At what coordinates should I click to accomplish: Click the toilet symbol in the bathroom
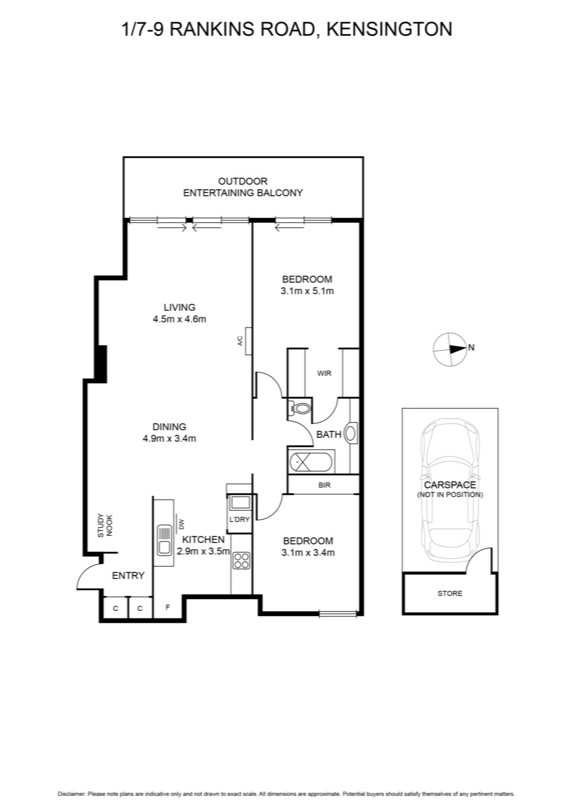pyautogui.click(x=300, y=409)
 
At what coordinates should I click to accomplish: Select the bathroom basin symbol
pyautogui.click(x=351, y=433)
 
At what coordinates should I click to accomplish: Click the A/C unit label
pyautogui.click(x=241, y=341)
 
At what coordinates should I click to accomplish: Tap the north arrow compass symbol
pyautogui.click(x=450, y=349)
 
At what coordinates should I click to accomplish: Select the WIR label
pyautogui.click(x=324, y=374)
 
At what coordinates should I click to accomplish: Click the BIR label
pyautogui.click(x=324, y=485)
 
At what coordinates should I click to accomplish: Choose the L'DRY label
pyautogui.click(x=240, y=520)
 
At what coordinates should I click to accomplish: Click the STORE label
pyautogui.click(x=450, y=594)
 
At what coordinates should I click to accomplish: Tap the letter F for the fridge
pyautogui.click(x=167, y=607)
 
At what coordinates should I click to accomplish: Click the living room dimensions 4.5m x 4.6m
pyautogui.click(x=179, y=319)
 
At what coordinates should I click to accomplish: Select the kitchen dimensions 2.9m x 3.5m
pyautogui.click(x=203, y=551)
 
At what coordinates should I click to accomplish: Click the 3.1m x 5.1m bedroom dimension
pyautogui.click(x=307, y=291)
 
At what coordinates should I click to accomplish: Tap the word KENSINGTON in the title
pyautogui.click(x=390, y=29)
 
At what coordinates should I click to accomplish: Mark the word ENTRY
pyautogui.click(x=128, y=576)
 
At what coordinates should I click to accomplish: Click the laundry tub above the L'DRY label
pyautogui.click(x=240, y=503)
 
